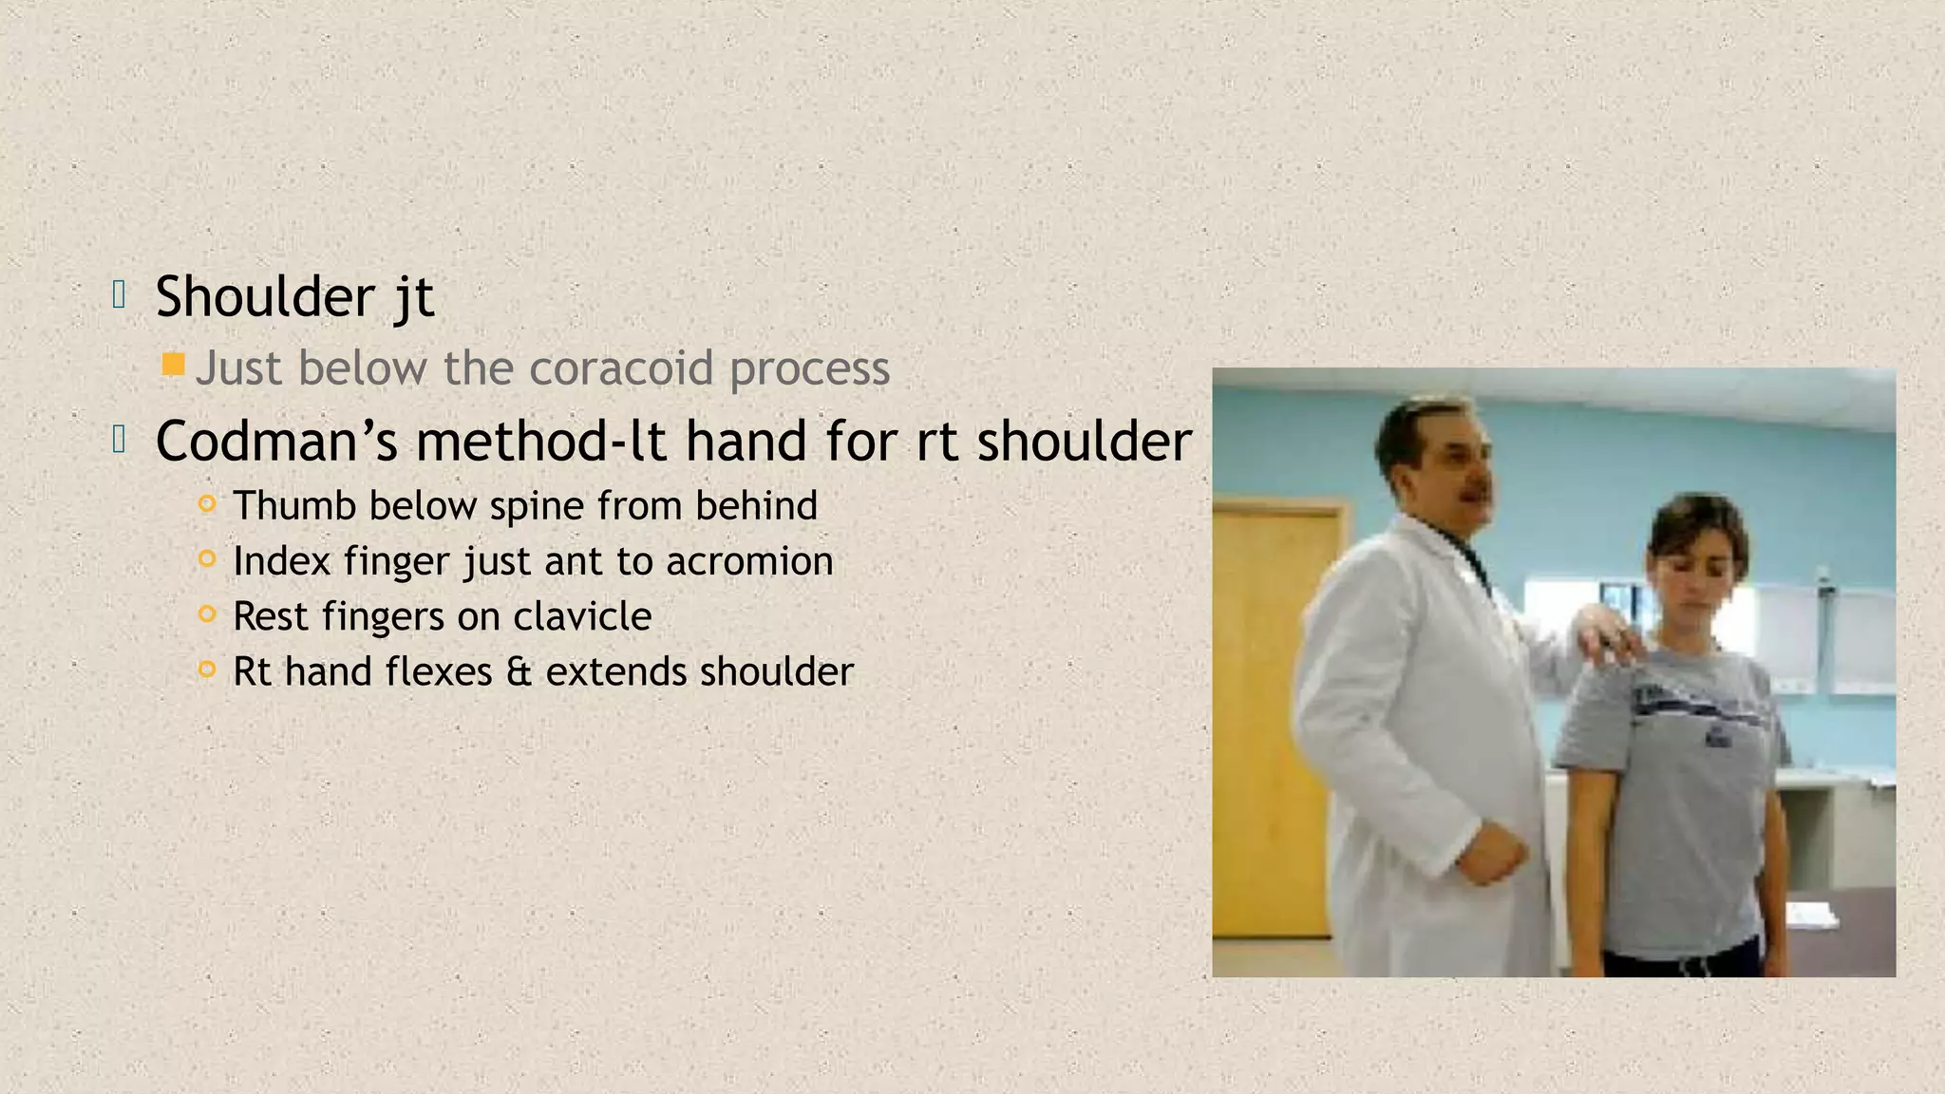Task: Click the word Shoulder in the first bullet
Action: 265,296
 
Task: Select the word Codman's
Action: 276,442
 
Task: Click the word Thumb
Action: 293,505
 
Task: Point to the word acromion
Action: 749,561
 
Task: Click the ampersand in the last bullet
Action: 519,672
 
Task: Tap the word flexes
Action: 437,672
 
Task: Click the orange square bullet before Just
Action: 173,365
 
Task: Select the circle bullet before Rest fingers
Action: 207,614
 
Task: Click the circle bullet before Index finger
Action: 207,559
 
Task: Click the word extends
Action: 616,672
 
